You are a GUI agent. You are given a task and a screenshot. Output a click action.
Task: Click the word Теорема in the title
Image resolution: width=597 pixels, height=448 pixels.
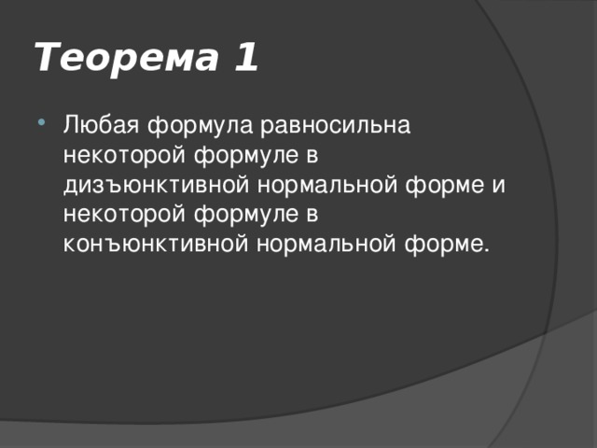point(122,59)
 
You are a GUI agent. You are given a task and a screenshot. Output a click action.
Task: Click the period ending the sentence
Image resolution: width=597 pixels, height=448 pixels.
point(484,249)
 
